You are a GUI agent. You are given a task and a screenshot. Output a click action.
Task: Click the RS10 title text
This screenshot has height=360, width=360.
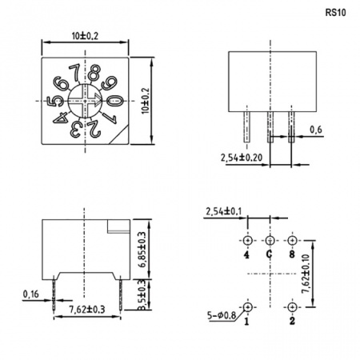coord(335,13)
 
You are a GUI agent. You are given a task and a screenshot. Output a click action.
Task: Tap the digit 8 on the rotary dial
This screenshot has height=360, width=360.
coord(94,72)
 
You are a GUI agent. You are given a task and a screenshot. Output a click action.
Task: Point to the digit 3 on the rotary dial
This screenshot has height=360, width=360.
coord(75,129)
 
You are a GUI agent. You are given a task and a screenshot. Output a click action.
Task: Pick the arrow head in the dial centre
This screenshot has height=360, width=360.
coord(98,101)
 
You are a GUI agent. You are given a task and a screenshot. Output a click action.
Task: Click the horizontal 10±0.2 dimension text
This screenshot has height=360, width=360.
coord(85,36)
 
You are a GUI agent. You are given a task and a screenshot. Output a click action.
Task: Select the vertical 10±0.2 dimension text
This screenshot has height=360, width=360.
coord(146,101)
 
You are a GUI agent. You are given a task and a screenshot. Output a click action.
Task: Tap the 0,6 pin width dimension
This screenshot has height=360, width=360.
coord(316,130)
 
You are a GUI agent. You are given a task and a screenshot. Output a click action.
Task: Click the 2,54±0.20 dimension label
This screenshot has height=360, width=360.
coord(242,158)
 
